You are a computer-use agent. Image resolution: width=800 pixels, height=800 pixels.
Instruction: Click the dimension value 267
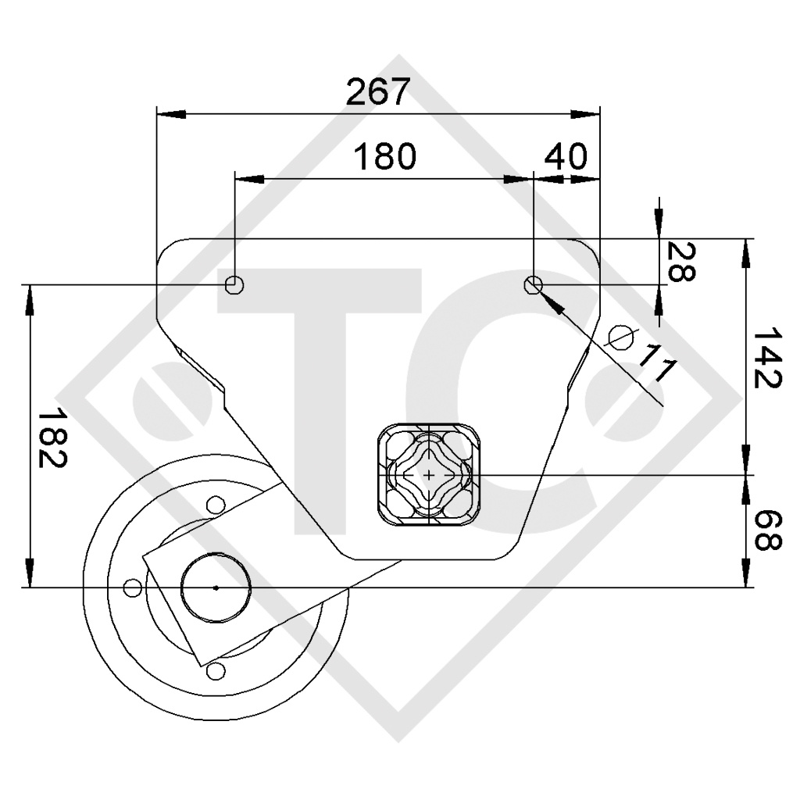[x=378, y=92]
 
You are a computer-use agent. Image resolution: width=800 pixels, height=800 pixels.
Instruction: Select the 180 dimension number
[x=385, y=157]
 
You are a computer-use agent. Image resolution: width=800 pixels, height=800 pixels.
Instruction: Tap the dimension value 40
[x=566, y=157]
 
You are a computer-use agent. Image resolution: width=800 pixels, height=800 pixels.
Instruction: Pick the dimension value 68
[x=766, y=530]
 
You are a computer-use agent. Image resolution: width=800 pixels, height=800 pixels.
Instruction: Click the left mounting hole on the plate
[x=234, y=284]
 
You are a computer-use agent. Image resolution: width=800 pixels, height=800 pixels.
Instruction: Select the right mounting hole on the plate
[x=534, y=284]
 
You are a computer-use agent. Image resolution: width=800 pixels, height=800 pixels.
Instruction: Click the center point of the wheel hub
[x=216, y=587]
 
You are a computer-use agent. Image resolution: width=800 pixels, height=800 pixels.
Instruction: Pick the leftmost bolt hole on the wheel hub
[x=133, y=587]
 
